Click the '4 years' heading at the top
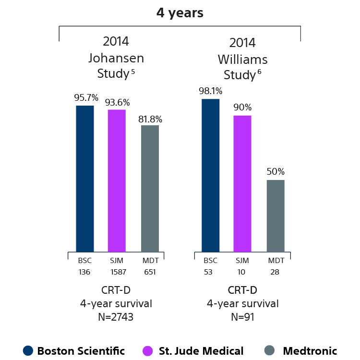pos(180,13)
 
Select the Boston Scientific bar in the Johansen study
pos(85,178)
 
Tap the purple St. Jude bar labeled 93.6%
pos(117,180)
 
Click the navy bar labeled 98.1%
pos(210,175)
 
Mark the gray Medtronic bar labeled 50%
pos(276,216)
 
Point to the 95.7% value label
pos(86,97)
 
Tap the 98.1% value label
pos(211,91)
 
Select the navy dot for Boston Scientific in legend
pos(28,351)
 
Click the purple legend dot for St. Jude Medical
pos(148,351)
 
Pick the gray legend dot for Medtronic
pos(270,351)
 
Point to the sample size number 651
pos(150,272)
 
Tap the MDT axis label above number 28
pos(276,261)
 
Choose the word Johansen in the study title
pos(116,58)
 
